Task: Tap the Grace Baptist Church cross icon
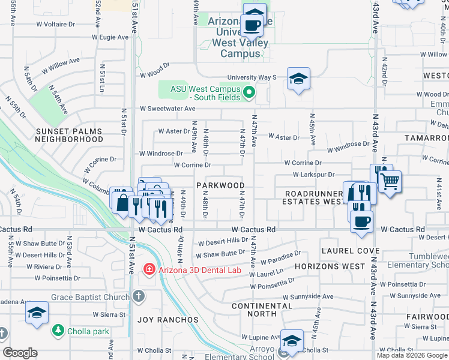(139, 296)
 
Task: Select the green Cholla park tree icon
(58, 329)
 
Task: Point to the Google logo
(20, 353)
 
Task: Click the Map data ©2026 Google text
(412, 355)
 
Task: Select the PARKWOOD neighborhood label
(220, 185)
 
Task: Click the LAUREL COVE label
(351, 250)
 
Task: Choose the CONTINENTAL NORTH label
(262, 310)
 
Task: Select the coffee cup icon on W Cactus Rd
(361, 221)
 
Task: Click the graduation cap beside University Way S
(298, 79)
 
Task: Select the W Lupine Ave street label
(261, 338)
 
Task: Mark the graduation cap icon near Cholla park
(37, 313)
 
